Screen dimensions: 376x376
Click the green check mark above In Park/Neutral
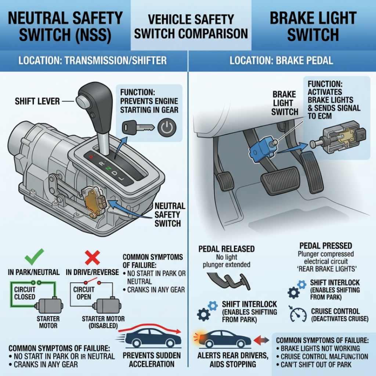34,257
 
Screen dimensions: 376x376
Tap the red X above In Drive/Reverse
93,257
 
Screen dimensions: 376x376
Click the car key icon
138,127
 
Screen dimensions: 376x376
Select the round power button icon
167,127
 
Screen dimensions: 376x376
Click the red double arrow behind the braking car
261,340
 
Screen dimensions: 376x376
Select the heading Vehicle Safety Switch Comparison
191,26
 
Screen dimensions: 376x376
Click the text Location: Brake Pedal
281,61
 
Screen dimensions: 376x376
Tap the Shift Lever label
37,101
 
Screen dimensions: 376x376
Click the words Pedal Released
226,249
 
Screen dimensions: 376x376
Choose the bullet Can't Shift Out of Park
314,365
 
